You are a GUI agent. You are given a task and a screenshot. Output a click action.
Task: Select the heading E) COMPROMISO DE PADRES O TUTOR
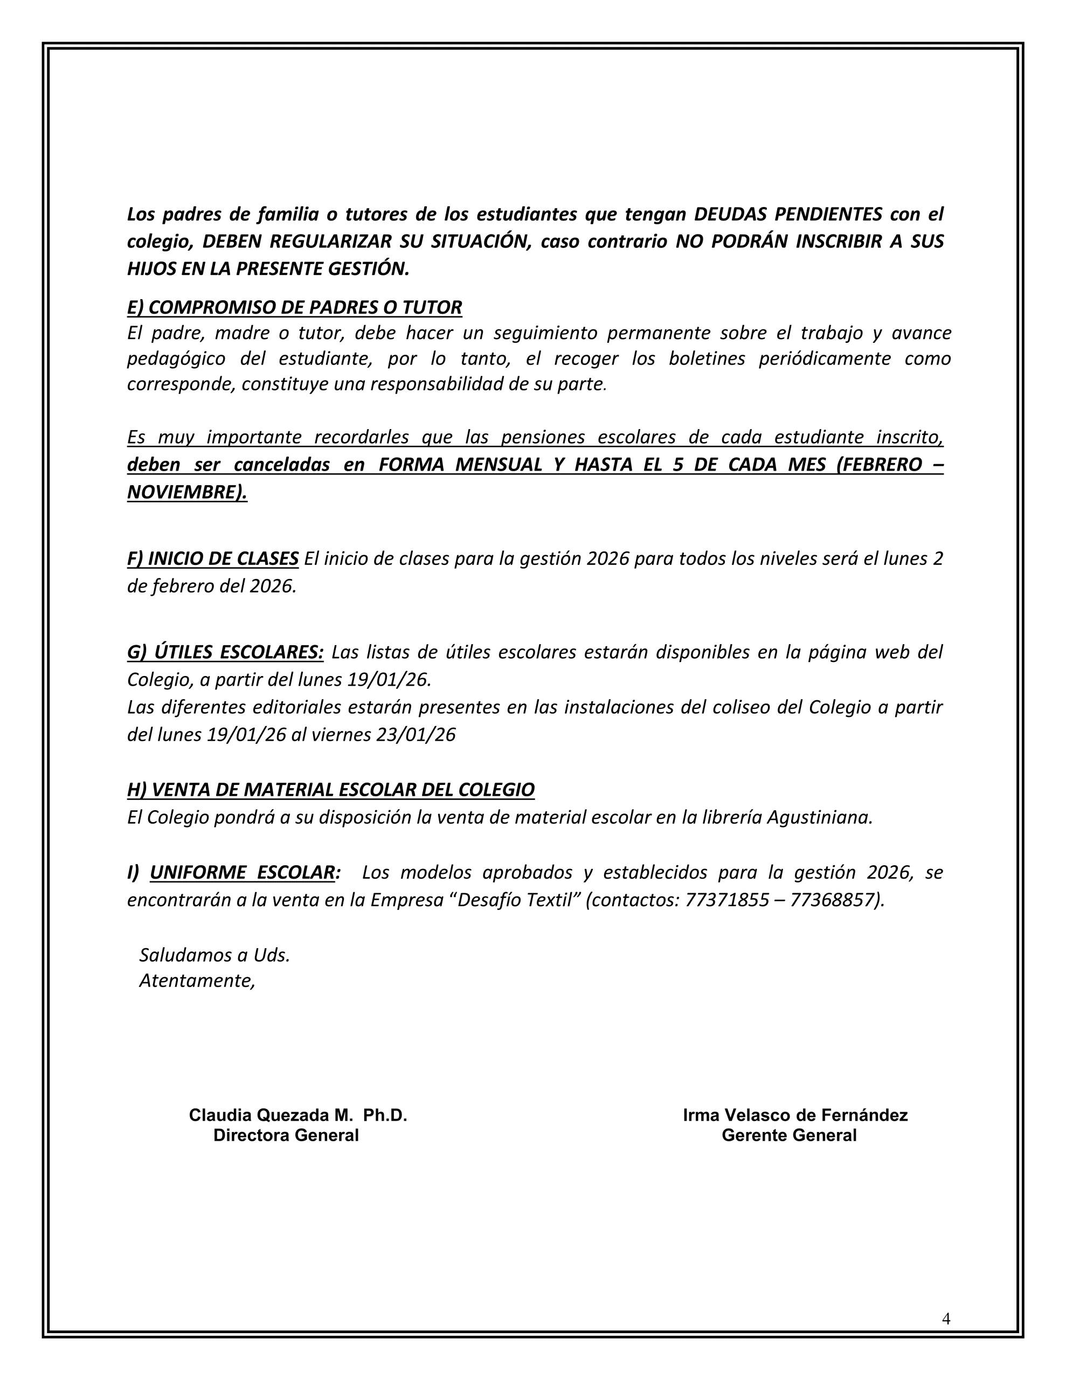click(x=294, y=307)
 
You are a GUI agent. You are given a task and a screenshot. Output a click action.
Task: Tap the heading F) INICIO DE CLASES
click(x=213, y=558)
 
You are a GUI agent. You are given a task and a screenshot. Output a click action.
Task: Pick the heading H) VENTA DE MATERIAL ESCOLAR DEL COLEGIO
click(x=330, y=789)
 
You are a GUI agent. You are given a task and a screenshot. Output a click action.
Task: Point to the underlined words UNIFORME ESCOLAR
click(x=242, y=872)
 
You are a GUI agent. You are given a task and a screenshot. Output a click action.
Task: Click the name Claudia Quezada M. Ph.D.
click(x=297, y=1115)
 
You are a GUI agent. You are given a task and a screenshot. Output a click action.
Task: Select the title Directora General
click(x=286, y=1135)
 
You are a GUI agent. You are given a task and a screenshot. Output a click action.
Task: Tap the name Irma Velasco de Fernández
click(x=795, y=1115)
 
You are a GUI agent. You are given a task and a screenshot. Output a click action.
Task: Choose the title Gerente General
click(x=788, y=1135)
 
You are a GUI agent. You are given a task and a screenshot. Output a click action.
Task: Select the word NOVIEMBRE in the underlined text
click(x=183, y=492)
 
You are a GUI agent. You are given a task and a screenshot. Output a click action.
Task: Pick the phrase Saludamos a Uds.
click(x=214, y=955)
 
